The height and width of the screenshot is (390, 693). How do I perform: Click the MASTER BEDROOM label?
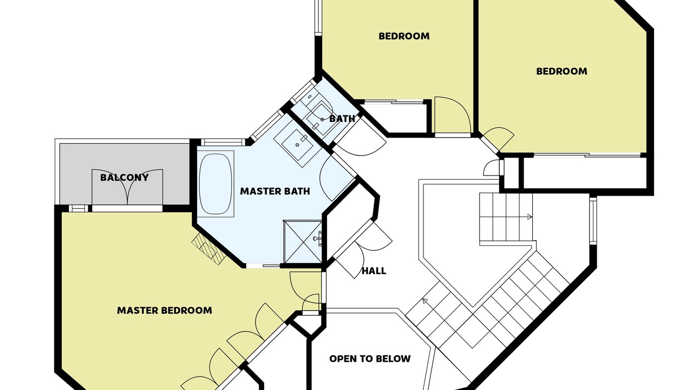[165, 310]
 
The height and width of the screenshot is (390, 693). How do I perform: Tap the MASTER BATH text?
[275, 191]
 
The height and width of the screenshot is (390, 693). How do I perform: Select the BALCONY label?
[125, 177]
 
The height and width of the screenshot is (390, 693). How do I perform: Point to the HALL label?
[374, 271]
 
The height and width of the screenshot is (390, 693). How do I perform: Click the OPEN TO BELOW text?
[370, 359]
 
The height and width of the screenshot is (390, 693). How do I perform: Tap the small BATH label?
[342, 119]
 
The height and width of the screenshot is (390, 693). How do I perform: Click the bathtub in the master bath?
[215, 184]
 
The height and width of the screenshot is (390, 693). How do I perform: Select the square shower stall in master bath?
[303, 242]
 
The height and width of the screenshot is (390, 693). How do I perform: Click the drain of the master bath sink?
[297, 145]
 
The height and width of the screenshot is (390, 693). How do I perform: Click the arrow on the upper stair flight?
[529, 217]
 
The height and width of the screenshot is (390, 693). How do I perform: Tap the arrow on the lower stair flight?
[425, 301]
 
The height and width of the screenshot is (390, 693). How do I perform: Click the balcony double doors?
[127, 187]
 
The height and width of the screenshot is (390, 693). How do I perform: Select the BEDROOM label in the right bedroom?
[561, 71]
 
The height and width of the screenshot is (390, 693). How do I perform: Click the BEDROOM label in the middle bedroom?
[404, 36]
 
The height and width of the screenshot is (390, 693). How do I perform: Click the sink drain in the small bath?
[322, 120]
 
